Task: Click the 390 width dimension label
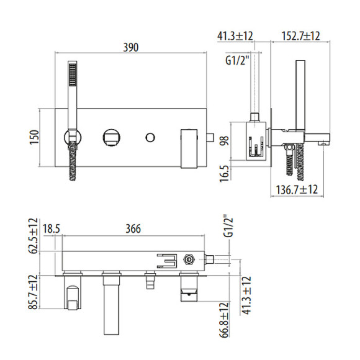tap(131, 47)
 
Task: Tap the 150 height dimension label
tap(34, 137)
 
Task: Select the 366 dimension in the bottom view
tap(133, 228)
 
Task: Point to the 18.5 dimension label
tap(52, 228)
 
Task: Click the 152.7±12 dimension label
tap(300, 36)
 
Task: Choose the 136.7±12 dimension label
tap(297, 190)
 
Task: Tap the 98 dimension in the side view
tap(224, 140)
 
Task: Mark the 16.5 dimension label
tap(224, 174)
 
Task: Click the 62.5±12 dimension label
tap(32, 236)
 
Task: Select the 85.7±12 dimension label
tap(32, 292)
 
